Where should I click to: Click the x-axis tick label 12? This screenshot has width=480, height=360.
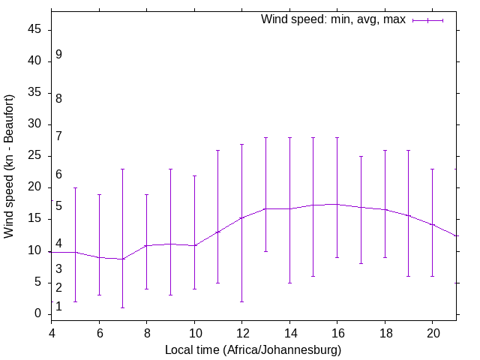(242, 332)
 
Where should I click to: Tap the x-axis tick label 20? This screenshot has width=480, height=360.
(433, 332)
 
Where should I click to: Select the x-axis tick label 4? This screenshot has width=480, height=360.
(52, 332)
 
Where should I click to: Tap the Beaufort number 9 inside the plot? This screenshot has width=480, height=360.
(58, 55)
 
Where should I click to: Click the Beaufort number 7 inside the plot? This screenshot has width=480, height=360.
(58, 136)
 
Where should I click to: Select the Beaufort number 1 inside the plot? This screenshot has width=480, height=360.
(58, 306)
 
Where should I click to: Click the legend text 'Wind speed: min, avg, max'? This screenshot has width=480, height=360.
(333, 19)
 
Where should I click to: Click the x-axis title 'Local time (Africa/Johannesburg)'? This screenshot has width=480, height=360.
(253, 350)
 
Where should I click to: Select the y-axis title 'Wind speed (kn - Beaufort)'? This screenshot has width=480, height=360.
(10, 166)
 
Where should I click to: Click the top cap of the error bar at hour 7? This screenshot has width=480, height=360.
(123, 169)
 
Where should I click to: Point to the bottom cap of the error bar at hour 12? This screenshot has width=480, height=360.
(242, 301)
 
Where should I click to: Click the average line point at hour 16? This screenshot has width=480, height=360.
(337, 204)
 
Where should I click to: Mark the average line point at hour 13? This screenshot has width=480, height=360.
(266, 208)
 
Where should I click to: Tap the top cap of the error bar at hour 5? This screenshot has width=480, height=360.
(76, 187)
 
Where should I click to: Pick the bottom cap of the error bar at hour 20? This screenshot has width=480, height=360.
(433, 276)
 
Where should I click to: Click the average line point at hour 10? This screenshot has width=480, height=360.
(194, 245)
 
